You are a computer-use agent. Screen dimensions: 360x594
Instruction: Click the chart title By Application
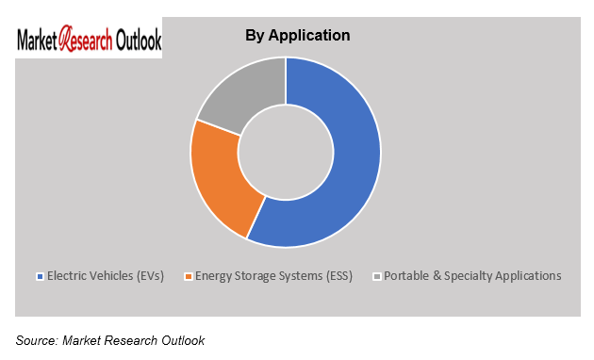coord(297,35)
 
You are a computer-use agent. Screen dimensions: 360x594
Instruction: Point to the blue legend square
coord(39,276)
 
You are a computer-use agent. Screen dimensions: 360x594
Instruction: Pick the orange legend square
coord(189,276)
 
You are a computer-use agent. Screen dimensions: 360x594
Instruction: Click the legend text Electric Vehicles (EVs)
coord(106,276)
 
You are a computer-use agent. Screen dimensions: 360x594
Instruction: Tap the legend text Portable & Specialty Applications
coord(472,276)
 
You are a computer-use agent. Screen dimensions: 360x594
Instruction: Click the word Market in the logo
coord(38,41)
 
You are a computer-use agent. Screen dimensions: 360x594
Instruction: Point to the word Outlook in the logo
coord(138,41)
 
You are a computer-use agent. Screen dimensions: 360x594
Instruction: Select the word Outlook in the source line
coord(181,339)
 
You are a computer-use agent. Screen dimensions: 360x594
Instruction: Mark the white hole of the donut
coord(286,152)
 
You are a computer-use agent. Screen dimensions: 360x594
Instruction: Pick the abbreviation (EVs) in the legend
coord(149,276)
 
